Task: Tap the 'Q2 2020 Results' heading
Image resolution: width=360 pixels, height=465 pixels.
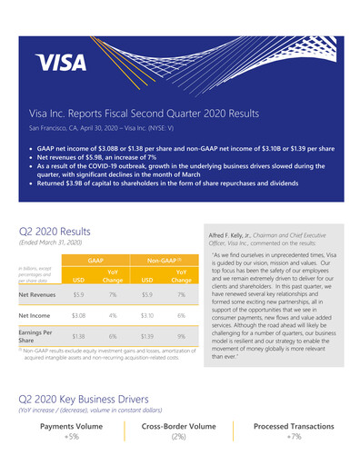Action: pyautogui.click(x=55, y=206)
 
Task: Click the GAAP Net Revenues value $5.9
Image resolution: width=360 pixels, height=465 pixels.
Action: pyautogui.click(x=78, y=295)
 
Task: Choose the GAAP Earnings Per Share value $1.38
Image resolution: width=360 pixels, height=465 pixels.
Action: pyautogui.click(x=78, y=335)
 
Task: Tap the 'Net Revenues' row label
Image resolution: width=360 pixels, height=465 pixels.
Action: pyautogui.click(x=39, y=295)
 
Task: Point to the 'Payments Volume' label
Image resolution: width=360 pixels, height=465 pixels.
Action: pyautogui.click(x=70, y=425)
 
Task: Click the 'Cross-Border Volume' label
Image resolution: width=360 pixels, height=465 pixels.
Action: pyautogui.click(x=179, y=425)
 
